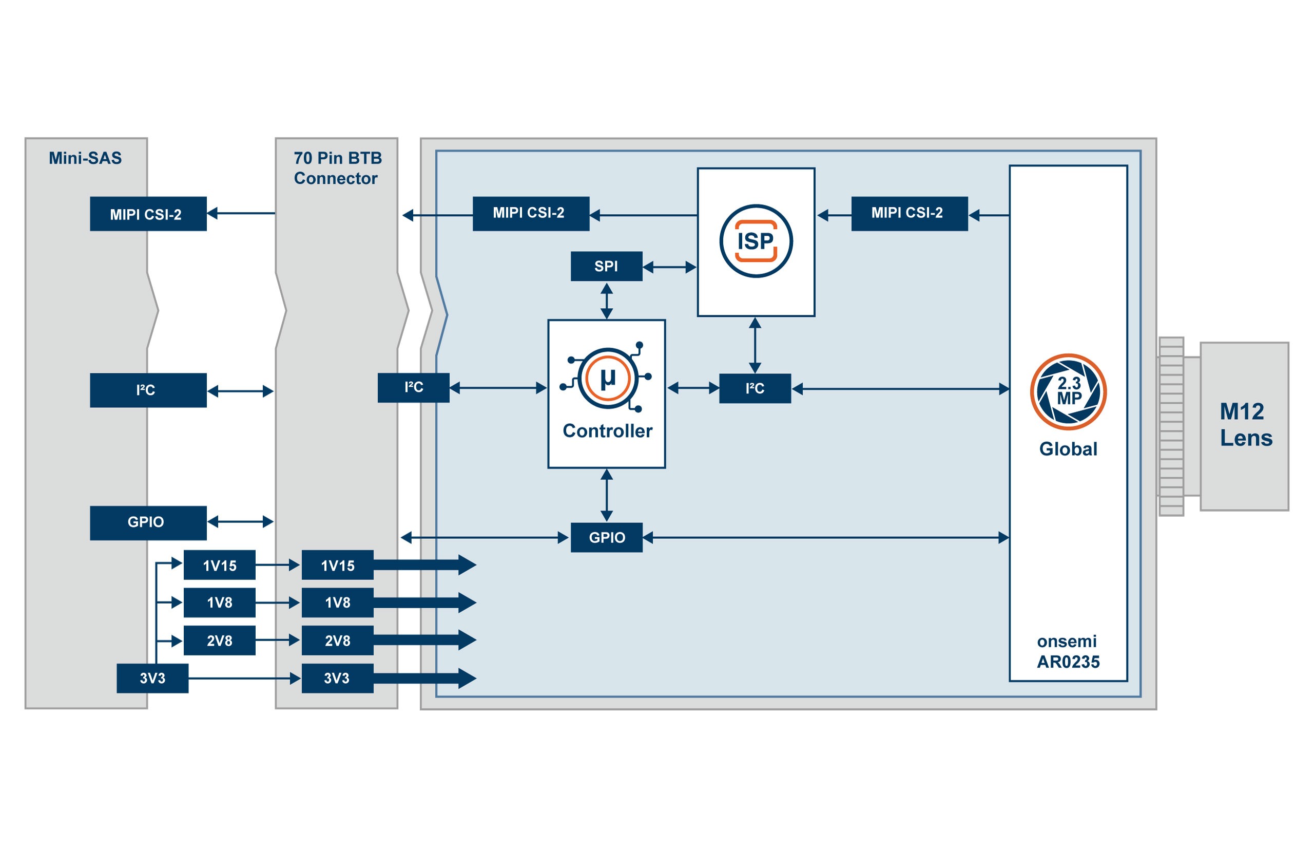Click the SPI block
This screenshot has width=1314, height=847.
pyautogui.click(x=606, y=266)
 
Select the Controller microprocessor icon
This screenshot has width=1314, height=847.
pyautogui.click(x=607, y=378)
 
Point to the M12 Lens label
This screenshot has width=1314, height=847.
pyautogui.click(x=1245, y=425)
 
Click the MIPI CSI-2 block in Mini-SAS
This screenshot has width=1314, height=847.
pyautogui.click(x=148, y=214)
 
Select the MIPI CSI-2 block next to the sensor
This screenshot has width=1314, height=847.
pyautogui.click(x=909, y=213)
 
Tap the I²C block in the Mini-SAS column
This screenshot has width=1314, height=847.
pyautogui.click(x=148, y=390)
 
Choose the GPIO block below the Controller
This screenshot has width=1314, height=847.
pyautogui.click(x=606, y=537)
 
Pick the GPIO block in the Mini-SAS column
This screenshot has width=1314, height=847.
pyautogui.click(x=148, y=522)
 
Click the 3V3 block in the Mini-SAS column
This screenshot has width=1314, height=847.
pyautogui.click(x=152, y=678)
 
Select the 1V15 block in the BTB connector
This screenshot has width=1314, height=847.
pyautogui.click(x=337, y=565)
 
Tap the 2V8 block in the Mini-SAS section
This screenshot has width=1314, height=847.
pyautogui.click(x=219, y=640)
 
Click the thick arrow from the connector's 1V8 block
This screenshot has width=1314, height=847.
pyautogui.click(x=423, y=603)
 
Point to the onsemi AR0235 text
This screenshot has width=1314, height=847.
pyautogui.click(x=1067, y=652)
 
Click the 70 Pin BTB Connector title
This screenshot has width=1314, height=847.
pyautogui.click(x=336, y=168)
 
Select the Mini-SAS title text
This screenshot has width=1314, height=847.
pyautogui.click(x=85, y=158)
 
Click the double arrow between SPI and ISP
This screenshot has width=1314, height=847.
pyautogui.click(x=669, y=267)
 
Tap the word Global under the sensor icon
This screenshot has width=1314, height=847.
pyautogui.click(x=1067, y=449)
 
